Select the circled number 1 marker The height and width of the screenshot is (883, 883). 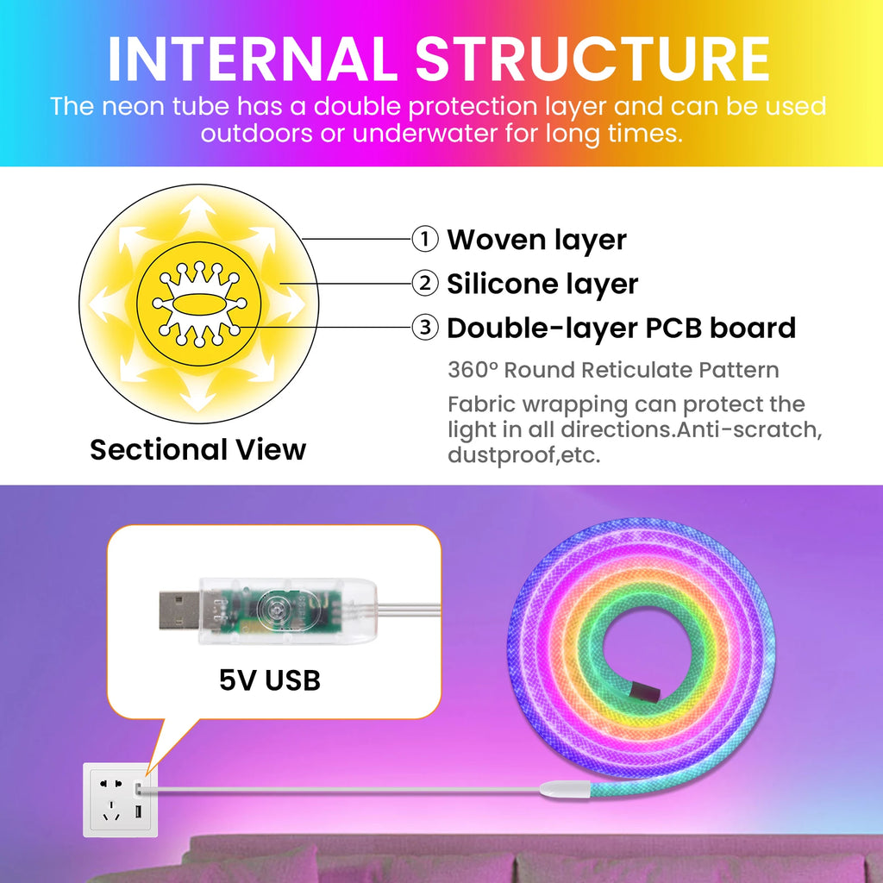point(424,240)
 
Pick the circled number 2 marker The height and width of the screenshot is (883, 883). point(424,284)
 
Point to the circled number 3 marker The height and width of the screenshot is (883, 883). point(424,329)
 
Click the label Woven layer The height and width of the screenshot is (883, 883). point(536,240)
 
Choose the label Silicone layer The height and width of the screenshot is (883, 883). point(542,284)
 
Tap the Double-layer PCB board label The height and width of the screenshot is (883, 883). point(621,329)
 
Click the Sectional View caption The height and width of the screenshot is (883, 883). point(198,449)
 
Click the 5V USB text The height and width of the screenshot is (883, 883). point(270,679)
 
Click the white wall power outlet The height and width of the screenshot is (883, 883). point(121,798)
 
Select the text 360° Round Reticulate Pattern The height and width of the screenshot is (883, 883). point(613,371)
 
